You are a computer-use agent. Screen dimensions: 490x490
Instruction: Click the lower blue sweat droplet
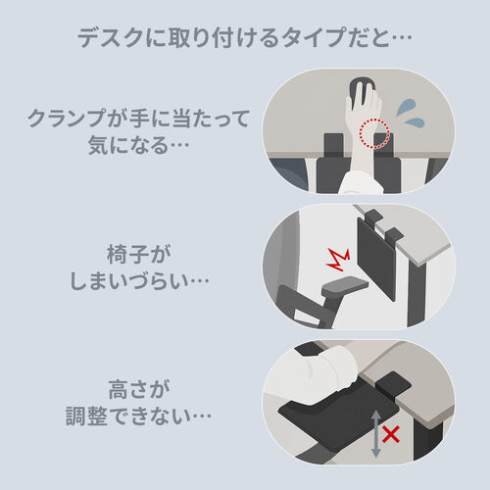coord(415,122)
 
